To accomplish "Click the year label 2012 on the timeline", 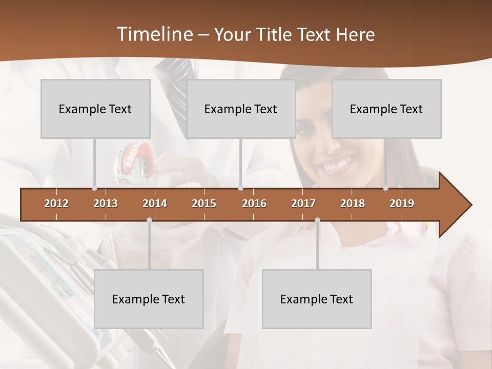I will (x=56, y=203).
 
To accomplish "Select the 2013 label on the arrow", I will (x=106, y=203).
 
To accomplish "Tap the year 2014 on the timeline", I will (x=155, y=203).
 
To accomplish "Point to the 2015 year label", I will (x=204, y=203).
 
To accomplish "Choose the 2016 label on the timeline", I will (x=254, y=203).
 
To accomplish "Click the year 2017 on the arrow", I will (x=303, y=203).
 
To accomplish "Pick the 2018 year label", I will (x=353, y=203).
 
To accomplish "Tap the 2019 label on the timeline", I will (x=402, y=203).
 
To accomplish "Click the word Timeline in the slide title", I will (x=154, y=34).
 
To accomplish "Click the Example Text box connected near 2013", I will (x=95, y=109).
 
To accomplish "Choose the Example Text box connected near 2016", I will (x=241, y=109).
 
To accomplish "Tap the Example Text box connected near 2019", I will (x=386, y=109).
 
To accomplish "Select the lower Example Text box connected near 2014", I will (x=149, y=299).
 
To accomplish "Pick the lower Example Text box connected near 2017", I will (x=317, y=299).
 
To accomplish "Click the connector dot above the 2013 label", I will (x=94, y=188).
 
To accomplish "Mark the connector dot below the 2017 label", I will (x=317, y=220).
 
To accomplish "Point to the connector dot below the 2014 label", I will (x=149, y=220).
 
